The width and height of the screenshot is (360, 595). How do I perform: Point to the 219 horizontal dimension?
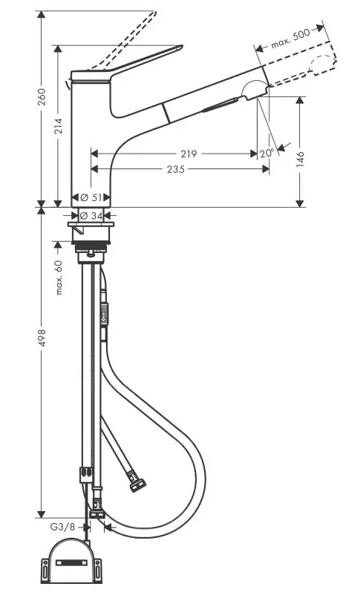pos(189,154)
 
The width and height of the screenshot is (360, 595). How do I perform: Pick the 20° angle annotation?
pos(267,152)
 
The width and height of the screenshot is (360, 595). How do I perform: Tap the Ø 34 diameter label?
pos(90,215)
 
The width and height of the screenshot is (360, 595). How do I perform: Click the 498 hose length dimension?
pos(42,338)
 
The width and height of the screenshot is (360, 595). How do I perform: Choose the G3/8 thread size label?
pos(63,527)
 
